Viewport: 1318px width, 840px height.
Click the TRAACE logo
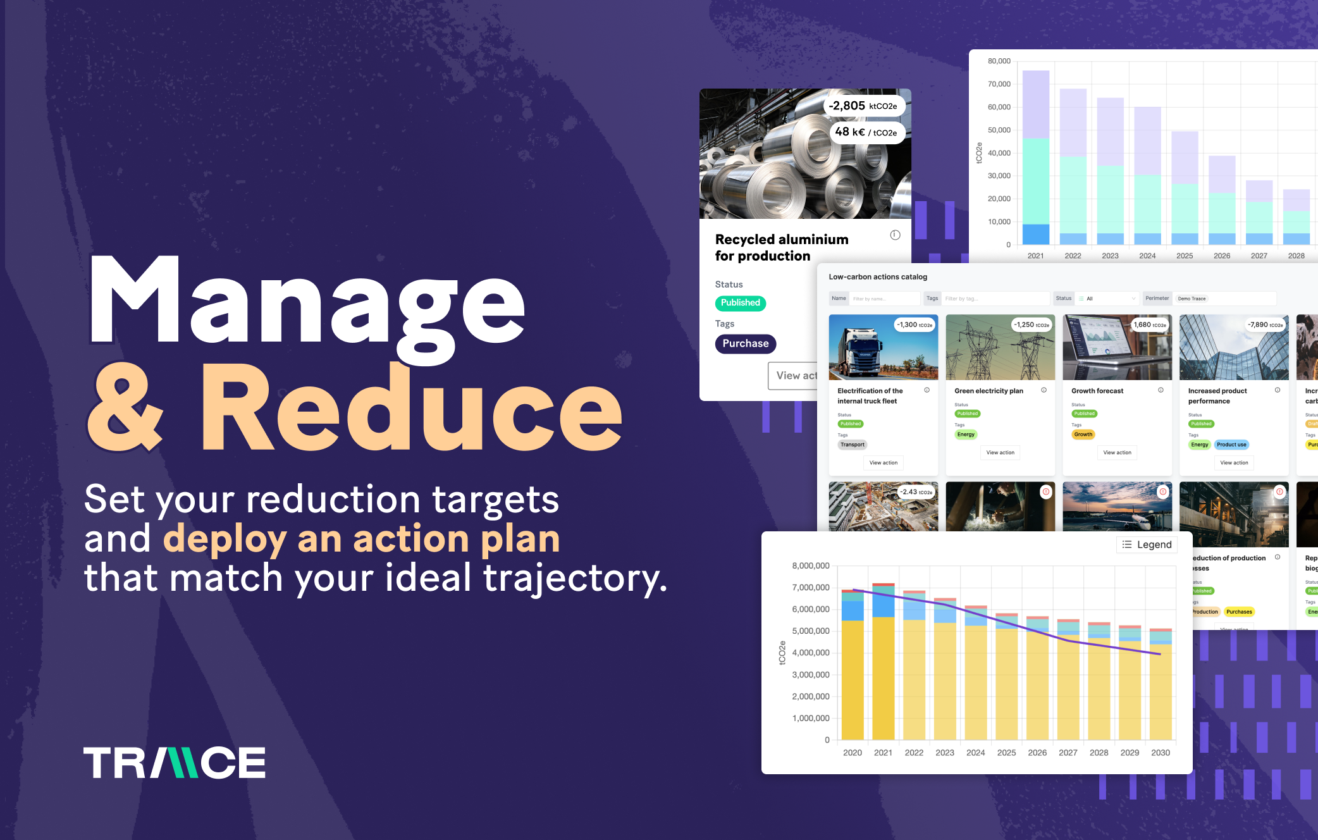click(x=175, y=762)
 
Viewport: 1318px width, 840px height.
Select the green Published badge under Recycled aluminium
click(x=740, y=303)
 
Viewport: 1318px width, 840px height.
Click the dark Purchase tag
click(x=745, y=343)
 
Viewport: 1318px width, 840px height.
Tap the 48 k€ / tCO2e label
click(x=866, y=132)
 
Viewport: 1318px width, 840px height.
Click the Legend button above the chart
click(x=1147, y=545)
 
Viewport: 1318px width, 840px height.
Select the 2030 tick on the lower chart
click(x=1160, y=753)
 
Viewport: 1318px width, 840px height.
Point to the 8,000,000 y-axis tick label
click(x=810, y=565)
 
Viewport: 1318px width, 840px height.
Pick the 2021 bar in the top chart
click(x=1035, y=158)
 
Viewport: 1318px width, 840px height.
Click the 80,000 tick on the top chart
click(x=999, y=61)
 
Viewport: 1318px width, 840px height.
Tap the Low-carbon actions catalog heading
click(x=878, y=277)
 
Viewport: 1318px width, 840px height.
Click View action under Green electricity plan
click(x=1000, y=452)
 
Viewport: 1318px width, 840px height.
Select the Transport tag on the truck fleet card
click(x=852, y=445)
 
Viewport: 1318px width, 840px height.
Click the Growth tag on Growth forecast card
click(x=1083, y=435)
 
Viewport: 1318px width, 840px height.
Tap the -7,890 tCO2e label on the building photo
click(x=1265, y=325)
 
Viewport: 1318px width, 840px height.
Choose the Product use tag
click(x=1231, y=445)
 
